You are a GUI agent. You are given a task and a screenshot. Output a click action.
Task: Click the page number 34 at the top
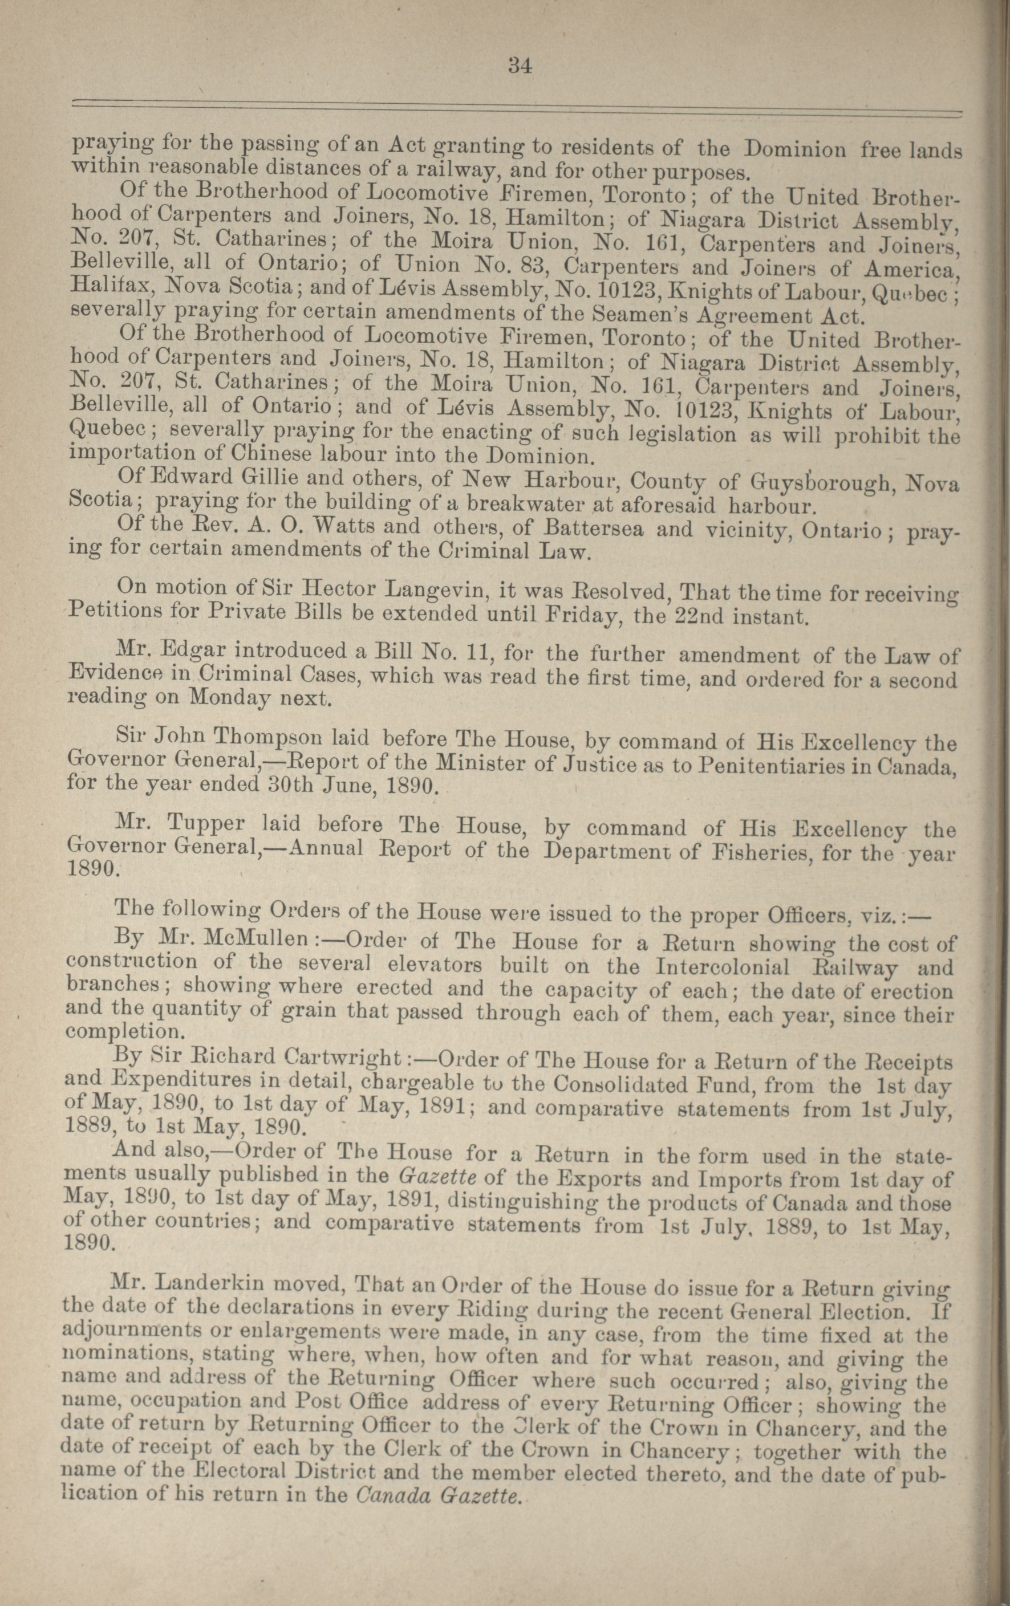(x=520, y=66)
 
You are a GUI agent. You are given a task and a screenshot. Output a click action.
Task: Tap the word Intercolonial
(x=723, y=966)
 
